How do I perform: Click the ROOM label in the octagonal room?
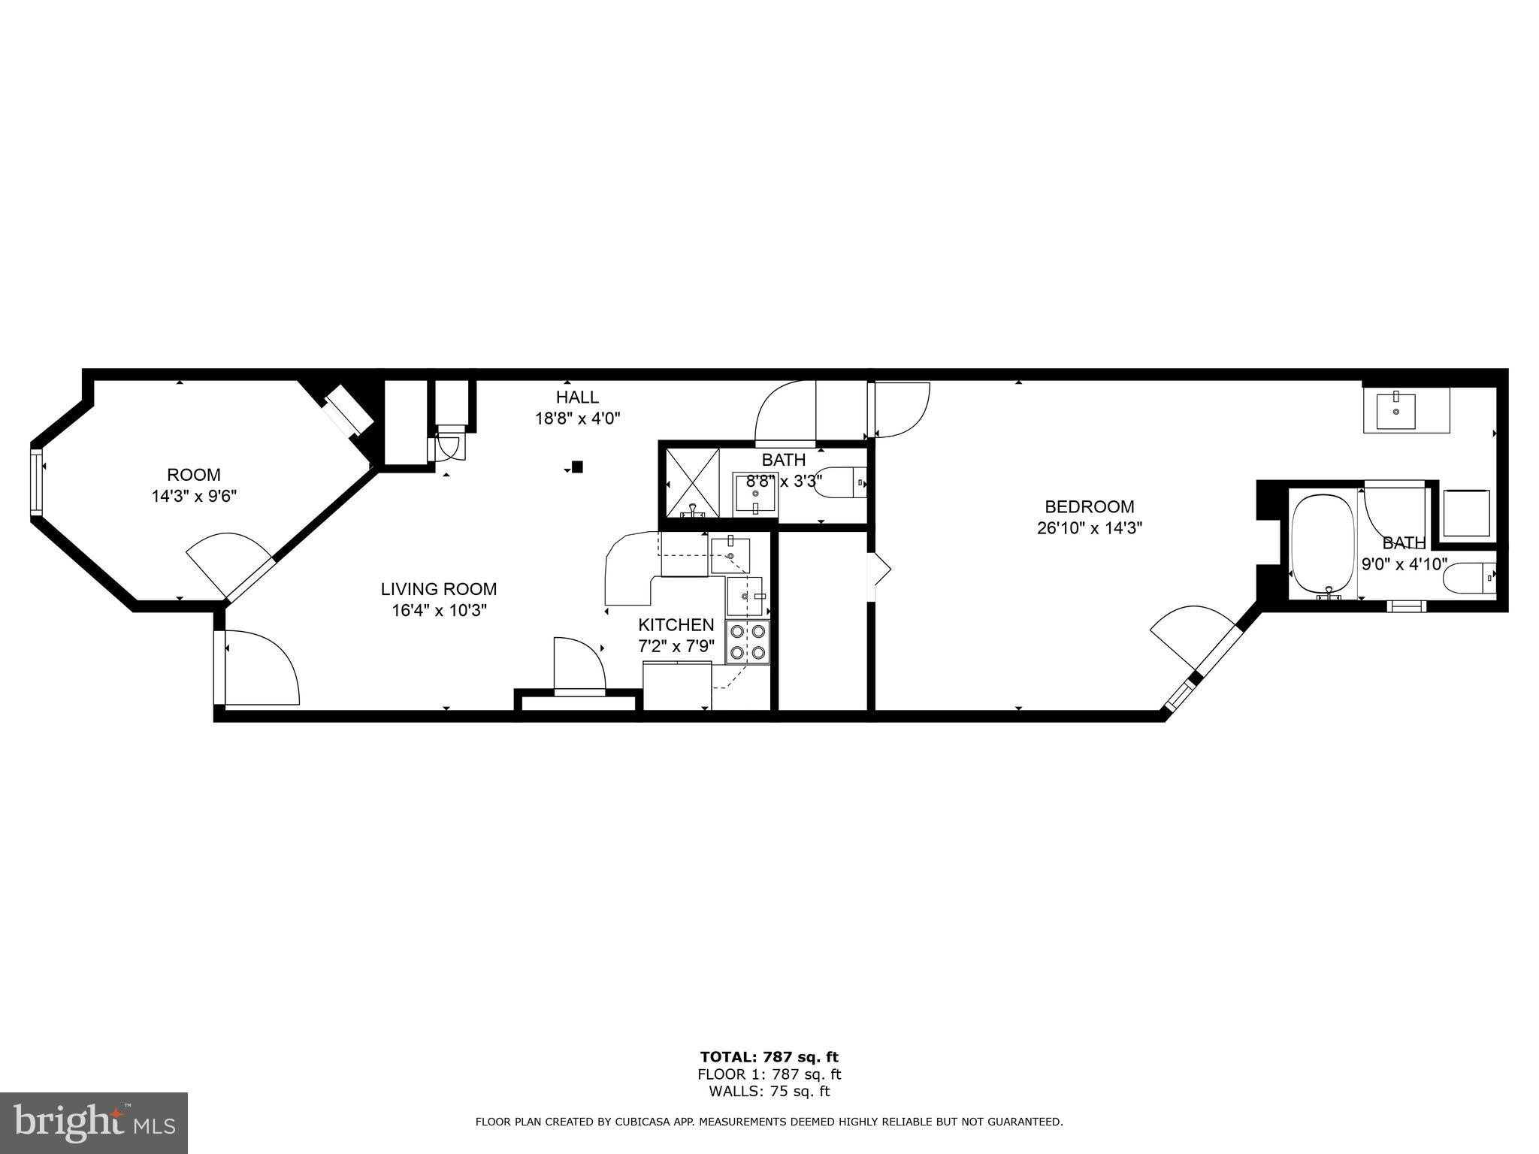click(194, 475)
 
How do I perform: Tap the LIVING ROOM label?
click(439, 589)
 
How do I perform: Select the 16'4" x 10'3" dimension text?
click(439, 610)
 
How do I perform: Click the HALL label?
click(577, 397)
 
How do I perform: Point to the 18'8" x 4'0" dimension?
click(577, 418)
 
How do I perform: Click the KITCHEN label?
click(676, 625)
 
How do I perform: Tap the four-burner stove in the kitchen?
click(747, 642)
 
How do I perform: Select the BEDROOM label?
click(1089, 507)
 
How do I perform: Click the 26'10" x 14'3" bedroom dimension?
click(1089, 528)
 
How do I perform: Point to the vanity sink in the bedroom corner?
click(1395, 410)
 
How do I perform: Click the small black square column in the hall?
click(577, 467)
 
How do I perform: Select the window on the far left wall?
click(35, 482)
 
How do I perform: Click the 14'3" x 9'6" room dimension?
click(194, 496)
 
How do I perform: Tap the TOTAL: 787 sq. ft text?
click(769, 1058)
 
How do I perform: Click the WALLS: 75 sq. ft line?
click(769, 1092)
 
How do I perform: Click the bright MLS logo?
click(94, 1125)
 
